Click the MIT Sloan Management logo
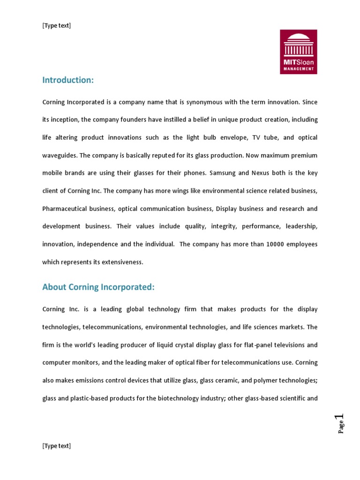[298, 52]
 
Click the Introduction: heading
[68, 80]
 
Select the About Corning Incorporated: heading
[98, 287]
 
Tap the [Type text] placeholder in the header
[56, 25]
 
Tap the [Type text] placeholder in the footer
[56, 446]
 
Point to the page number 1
[341, 417]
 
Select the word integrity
[224, 226]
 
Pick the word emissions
[93, 381]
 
